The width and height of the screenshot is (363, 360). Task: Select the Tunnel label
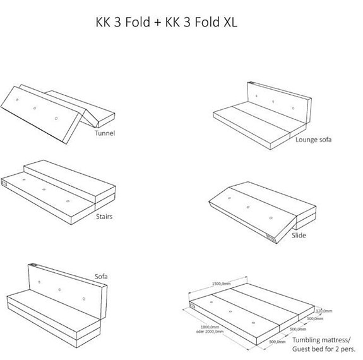(105, 133)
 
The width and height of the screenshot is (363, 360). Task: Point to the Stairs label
(104, 217)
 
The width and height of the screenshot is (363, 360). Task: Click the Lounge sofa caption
(313, 139)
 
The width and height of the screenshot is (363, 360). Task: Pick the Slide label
(299, 236)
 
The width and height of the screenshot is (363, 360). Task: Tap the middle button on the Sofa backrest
(61, 289)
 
